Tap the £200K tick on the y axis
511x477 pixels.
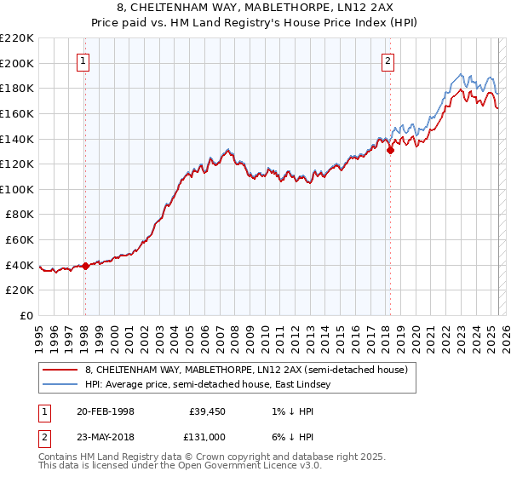click(x=17, y=63)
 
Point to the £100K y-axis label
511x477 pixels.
click(x=17, y=189)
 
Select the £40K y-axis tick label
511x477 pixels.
click(x=20, y=265)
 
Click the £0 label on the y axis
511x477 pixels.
click(x=27, y=315)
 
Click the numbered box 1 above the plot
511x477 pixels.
click(x=84, y=60)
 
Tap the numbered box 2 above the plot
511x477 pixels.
click(x=388, y=60)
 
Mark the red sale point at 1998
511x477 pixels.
click(x=85, y=266)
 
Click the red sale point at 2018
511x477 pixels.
click(x=390, y=150)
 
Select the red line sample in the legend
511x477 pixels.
click(x=60, y=370)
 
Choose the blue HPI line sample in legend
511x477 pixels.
click(x=60, y=384)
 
